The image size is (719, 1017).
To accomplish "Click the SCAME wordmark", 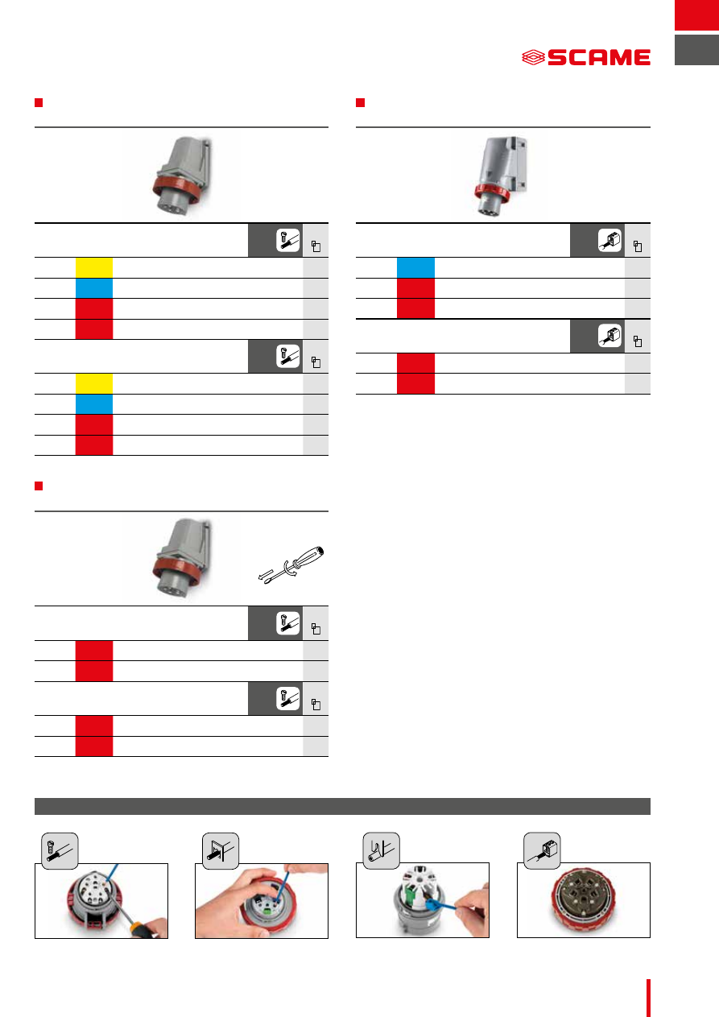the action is [x=599, y=57].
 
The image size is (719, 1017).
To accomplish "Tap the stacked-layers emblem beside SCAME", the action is [x=533, y=57].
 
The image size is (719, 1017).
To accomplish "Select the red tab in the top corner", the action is [x=696, y=15].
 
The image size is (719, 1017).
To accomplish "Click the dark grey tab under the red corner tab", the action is [x=696, y=50].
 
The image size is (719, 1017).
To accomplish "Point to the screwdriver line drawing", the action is [x=291, y=564].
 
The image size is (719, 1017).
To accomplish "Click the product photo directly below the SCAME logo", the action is [x=499, y=176].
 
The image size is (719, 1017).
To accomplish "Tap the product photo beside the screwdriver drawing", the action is [x=182, y=560].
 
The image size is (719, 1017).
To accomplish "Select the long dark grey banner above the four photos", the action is [x=342, y=806].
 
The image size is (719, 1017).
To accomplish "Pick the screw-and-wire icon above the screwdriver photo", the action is [x=60, y=850].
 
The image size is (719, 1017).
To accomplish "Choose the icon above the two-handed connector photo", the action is [x=220, y=850].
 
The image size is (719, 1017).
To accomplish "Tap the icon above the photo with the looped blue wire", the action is [x=381, y=850].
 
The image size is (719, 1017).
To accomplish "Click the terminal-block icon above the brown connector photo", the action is [x=542, y=850].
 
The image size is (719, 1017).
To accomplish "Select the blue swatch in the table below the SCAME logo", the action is [x=415, y=267].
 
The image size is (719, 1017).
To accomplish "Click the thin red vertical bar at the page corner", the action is [x=648, y=998].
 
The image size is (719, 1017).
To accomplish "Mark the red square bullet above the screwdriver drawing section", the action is [x=39, y=486].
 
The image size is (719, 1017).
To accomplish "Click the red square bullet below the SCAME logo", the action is [x=361, y=102].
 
